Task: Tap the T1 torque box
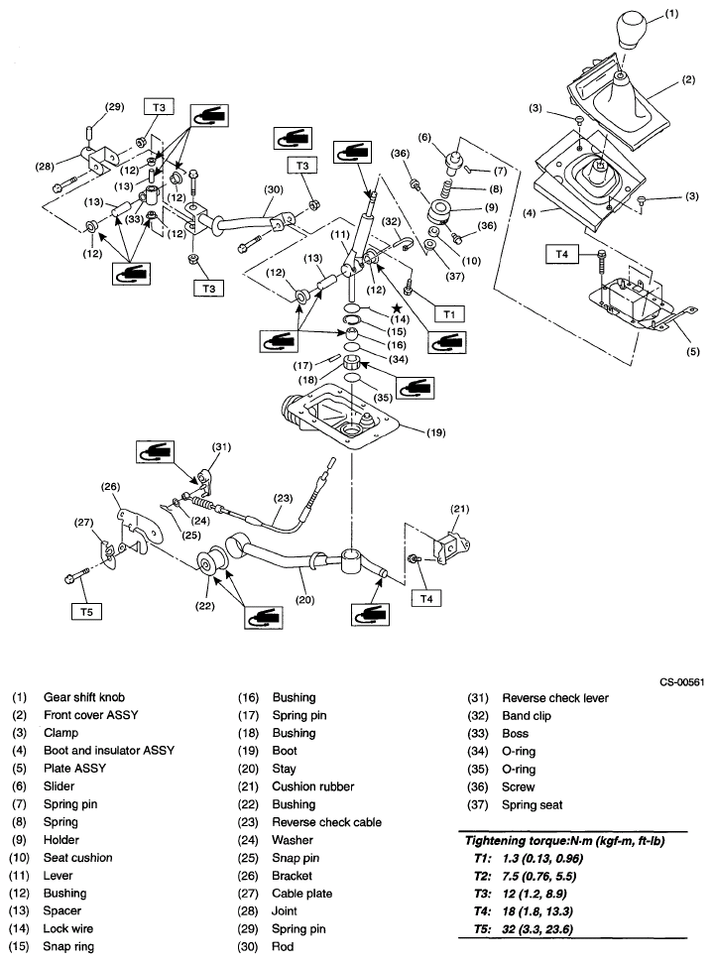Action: [x=449, y=313]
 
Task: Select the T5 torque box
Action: [x=86, y=612]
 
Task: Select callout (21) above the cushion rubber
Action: [x=458, y=509]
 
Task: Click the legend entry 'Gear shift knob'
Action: [x=83, y=697]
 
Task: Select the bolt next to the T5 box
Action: [x=77, y=575]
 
